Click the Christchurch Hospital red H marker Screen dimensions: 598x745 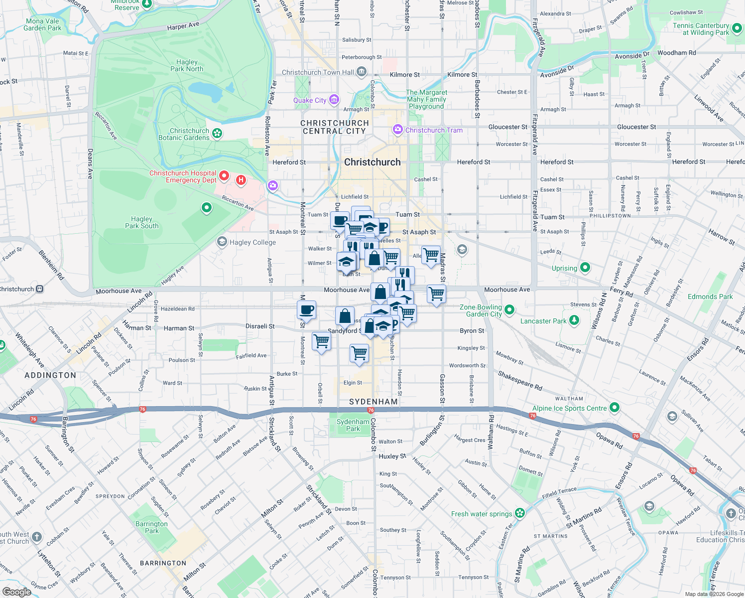241,180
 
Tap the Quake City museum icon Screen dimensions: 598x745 334,100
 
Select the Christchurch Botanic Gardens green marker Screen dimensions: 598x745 217,133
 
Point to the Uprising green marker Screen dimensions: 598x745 585,268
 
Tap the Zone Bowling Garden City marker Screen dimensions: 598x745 509,310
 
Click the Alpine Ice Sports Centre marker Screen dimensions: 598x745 615,408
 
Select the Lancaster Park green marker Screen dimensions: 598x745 574,320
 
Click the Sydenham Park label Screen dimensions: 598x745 353,425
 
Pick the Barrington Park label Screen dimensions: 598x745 152,527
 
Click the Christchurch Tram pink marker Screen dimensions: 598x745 397,130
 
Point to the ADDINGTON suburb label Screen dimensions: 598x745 50,375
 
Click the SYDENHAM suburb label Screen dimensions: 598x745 373,402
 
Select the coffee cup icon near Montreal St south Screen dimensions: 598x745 307,309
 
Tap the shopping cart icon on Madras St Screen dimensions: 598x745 436,294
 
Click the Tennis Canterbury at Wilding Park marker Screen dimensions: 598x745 737,28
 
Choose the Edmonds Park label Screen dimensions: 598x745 710,297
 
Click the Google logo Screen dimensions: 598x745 16,592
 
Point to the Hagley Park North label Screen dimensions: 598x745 187,65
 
